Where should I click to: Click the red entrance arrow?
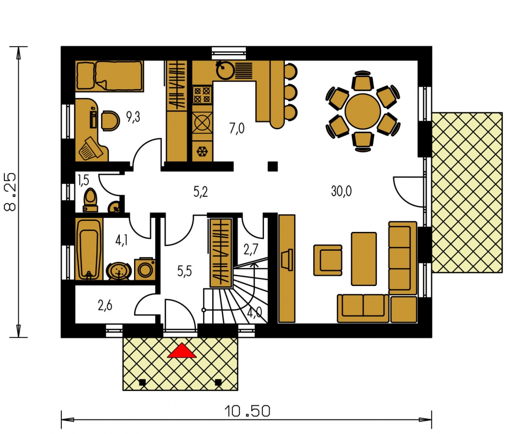(x=181, y=350)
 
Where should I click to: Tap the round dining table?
(x=362, y=111)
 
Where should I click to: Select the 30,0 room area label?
(x=341, y=191)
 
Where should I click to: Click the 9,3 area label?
(x=133, y=117)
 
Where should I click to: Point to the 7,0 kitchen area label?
(x=237, y=128)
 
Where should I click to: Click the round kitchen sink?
(x=225, y=70)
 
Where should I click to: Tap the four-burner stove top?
(x=202, y=95)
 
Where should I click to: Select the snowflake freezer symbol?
(x=203, y=151)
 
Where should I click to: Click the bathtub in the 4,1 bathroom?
(x=89, y=249)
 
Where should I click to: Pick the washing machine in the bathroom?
(x=145, y=269)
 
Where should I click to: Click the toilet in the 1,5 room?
(x=90, y=200)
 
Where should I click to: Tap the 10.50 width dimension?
(x=247, y=411)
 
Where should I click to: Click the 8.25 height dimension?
(x=10, y=192)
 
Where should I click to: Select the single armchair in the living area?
(x=328, y=260)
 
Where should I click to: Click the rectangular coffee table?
(x=364, y=259)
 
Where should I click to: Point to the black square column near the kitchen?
(x=273, y=166)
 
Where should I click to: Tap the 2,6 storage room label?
(x=105, y=305)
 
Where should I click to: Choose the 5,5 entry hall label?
(x=184, y=271)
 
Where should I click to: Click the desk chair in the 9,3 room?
(x=110, y=121)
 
